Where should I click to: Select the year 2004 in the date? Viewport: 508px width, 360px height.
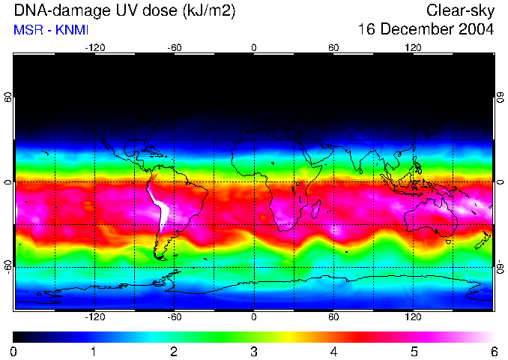(x=475, y=30)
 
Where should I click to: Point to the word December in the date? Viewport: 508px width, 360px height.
(x=416, y=30)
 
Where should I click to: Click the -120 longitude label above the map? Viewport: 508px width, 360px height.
(x=94, y=47)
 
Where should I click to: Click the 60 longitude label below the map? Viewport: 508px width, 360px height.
(x=333, y=316)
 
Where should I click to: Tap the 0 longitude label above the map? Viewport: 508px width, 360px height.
(x=254, y=47)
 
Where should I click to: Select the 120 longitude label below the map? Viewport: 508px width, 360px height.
(x=413, y=316)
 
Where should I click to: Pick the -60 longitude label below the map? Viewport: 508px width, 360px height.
(x=175, y=316)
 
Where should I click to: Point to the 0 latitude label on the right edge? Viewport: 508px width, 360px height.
(x=500, y=182)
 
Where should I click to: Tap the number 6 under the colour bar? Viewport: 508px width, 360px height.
(x=494, y=351)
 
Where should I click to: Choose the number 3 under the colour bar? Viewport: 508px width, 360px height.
(x=254, y=351)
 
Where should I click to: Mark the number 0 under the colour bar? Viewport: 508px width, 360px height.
(x=13, y=351)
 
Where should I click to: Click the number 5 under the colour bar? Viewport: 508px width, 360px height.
(x=414, y=351)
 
